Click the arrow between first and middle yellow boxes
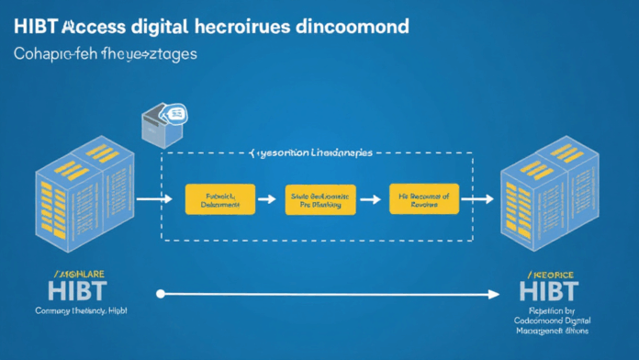tap(266, 197)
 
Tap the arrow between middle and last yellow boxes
tap(372, 197)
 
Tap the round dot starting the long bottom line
tap(162, 294)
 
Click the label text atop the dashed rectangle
tap(312, 153)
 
